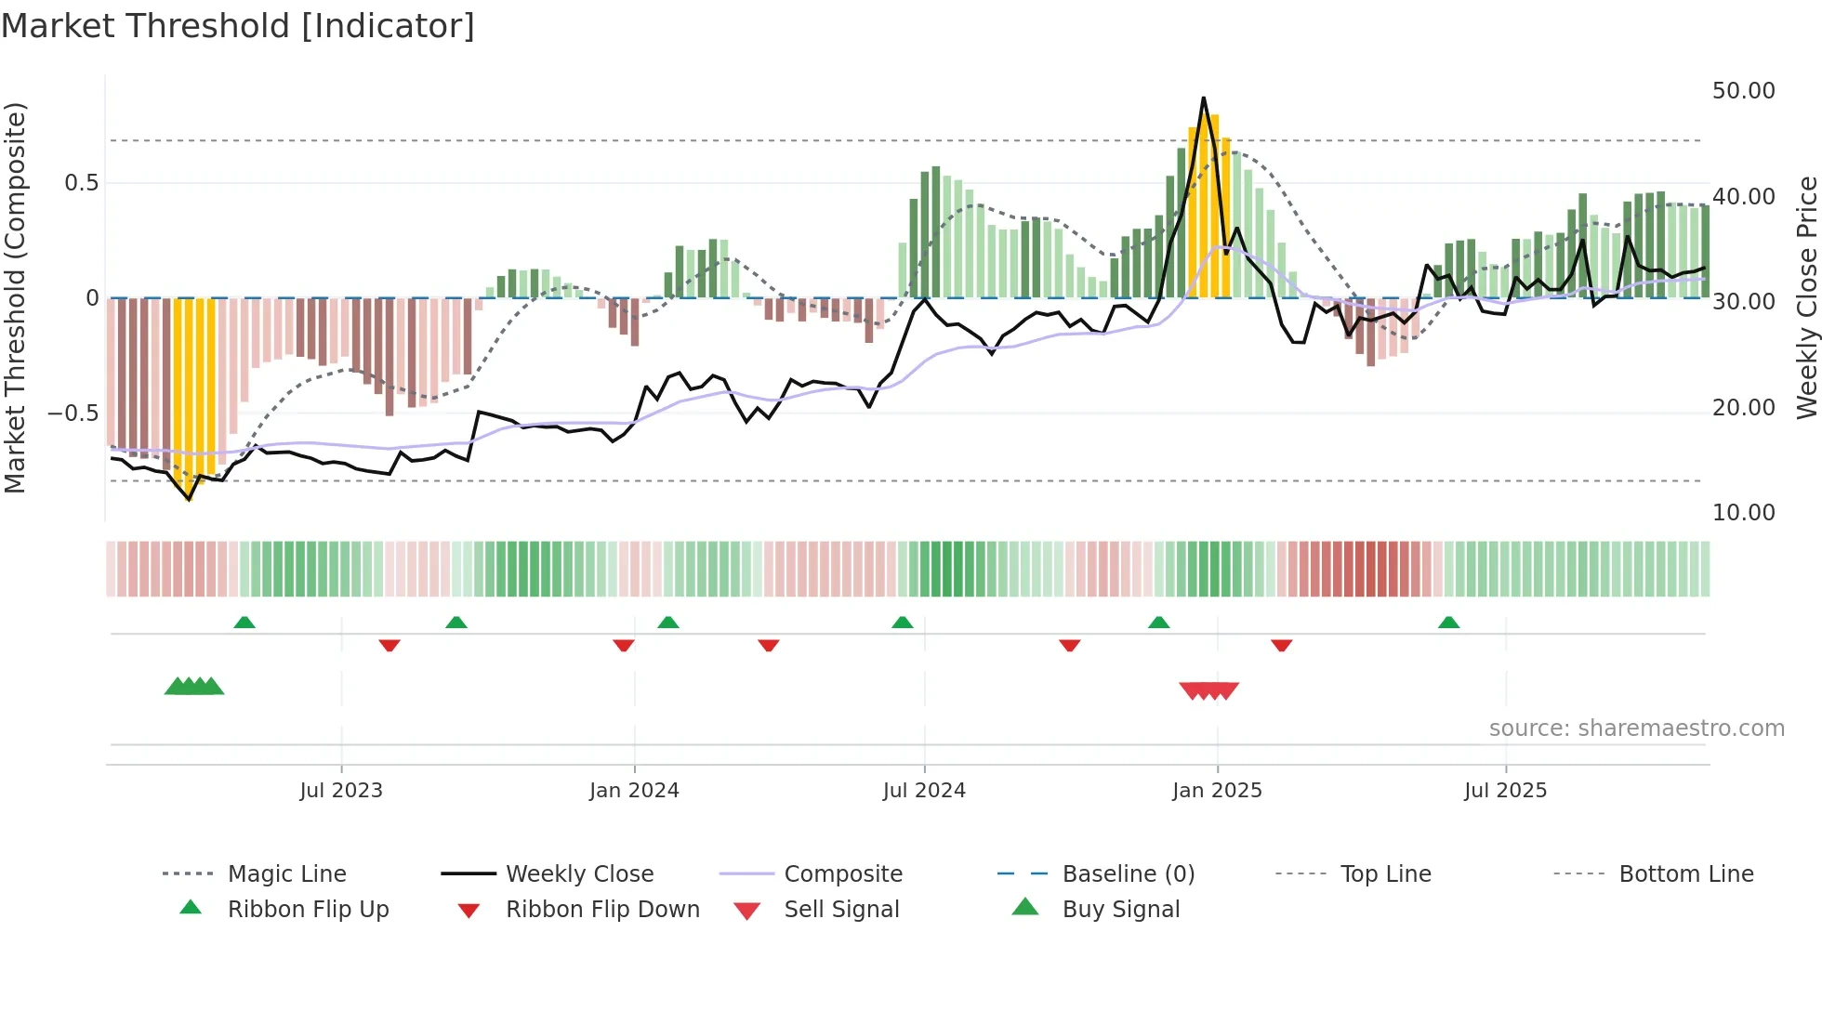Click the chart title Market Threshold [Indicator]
click(238, 26)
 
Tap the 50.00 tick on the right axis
click(1743, 91)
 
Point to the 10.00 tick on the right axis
click(1743, 513)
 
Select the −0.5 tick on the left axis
click(73, 413)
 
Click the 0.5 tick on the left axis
click(81, 183)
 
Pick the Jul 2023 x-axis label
click(341, 791)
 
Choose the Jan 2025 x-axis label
click(1217, 791)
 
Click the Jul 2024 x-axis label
click(924, 791)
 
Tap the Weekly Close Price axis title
click(1806, 297)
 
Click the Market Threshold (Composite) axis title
click(15, 297)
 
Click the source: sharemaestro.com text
click(1636, 729)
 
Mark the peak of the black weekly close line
click(1203, 98)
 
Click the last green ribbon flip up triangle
click(1448, 623)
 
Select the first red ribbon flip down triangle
click(389, 645)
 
